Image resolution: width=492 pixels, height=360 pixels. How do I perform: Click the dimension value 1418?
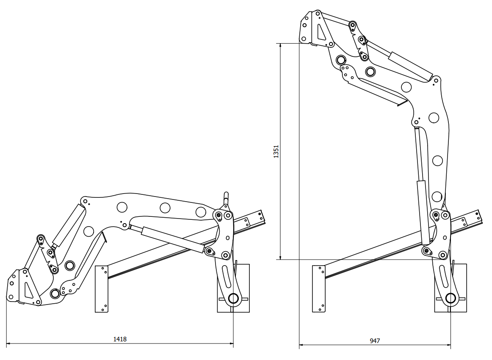(x=120, y=339)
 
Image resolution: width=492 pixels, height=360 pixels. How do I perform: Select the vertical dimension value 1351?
(x=276, y=151)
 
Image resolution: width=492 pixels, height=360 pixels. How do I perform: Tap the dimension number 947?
(x=375, y=341)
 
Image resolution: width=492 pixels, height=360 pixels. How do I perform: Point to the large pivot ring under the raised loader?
(x=451, y=299)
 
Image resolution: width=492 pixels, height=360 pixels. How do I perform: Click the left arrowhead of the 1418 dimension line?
(x=8, y=343)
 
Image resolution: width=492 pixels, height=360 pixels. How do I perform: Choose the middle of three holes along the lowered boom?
(x=165, y=208)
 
